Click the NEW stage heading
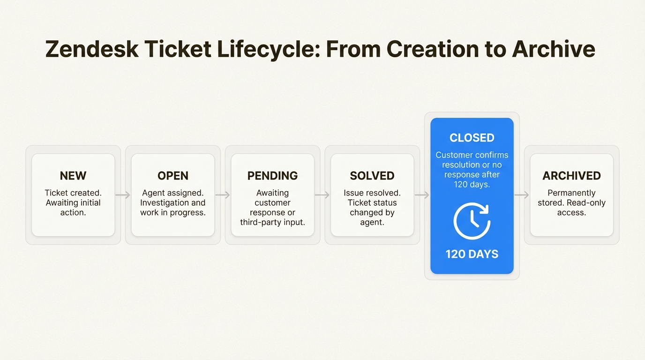pos(73,176)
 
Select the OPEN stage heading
pos(173,176)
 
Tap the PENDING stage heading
pos(272,176)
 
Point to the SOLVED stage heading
pos(372,176)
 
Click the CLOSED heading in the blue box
pos(472,138)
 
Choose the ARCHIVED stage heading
pos(571,176)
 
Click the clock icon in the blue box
pos(472,221)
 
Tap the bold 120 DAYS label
pos(472,255)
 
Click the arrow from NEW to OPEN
pos(123,195)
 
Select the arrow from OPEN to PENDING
pos(223,195)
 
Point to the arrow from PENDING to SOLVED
pos(322,195)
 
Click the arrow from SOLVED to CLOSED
pos(422,195)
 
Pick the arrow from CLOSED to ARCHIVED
pos(522,195)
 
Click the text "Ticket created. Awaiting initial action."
pos(73,202)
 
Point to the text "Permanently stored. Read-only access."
pos(571,202)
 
